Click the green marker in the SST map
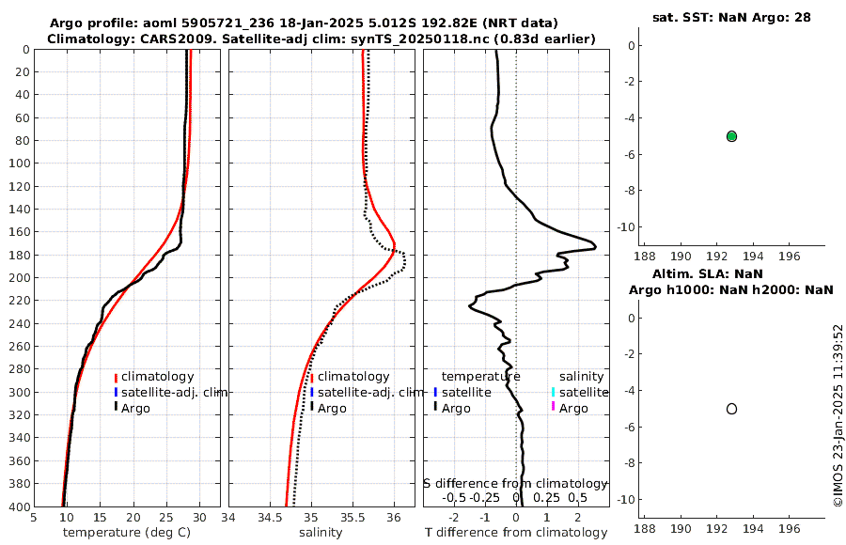pos(731,136)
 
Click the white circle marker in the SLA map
pos(731,409)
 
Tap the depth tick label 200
pos(18,277)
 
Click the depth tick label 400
pos(18,506)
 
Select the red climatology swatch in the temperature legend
pos(116,377)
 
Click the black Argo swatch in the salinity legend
pos(312,407)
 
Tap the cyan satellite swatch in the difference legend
pos(554,392)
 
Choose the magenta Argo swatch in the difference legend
pos(554,407)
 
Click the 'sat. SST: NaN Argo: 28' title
pos(731,17)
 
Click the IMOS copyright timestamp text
pos(838,416)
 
